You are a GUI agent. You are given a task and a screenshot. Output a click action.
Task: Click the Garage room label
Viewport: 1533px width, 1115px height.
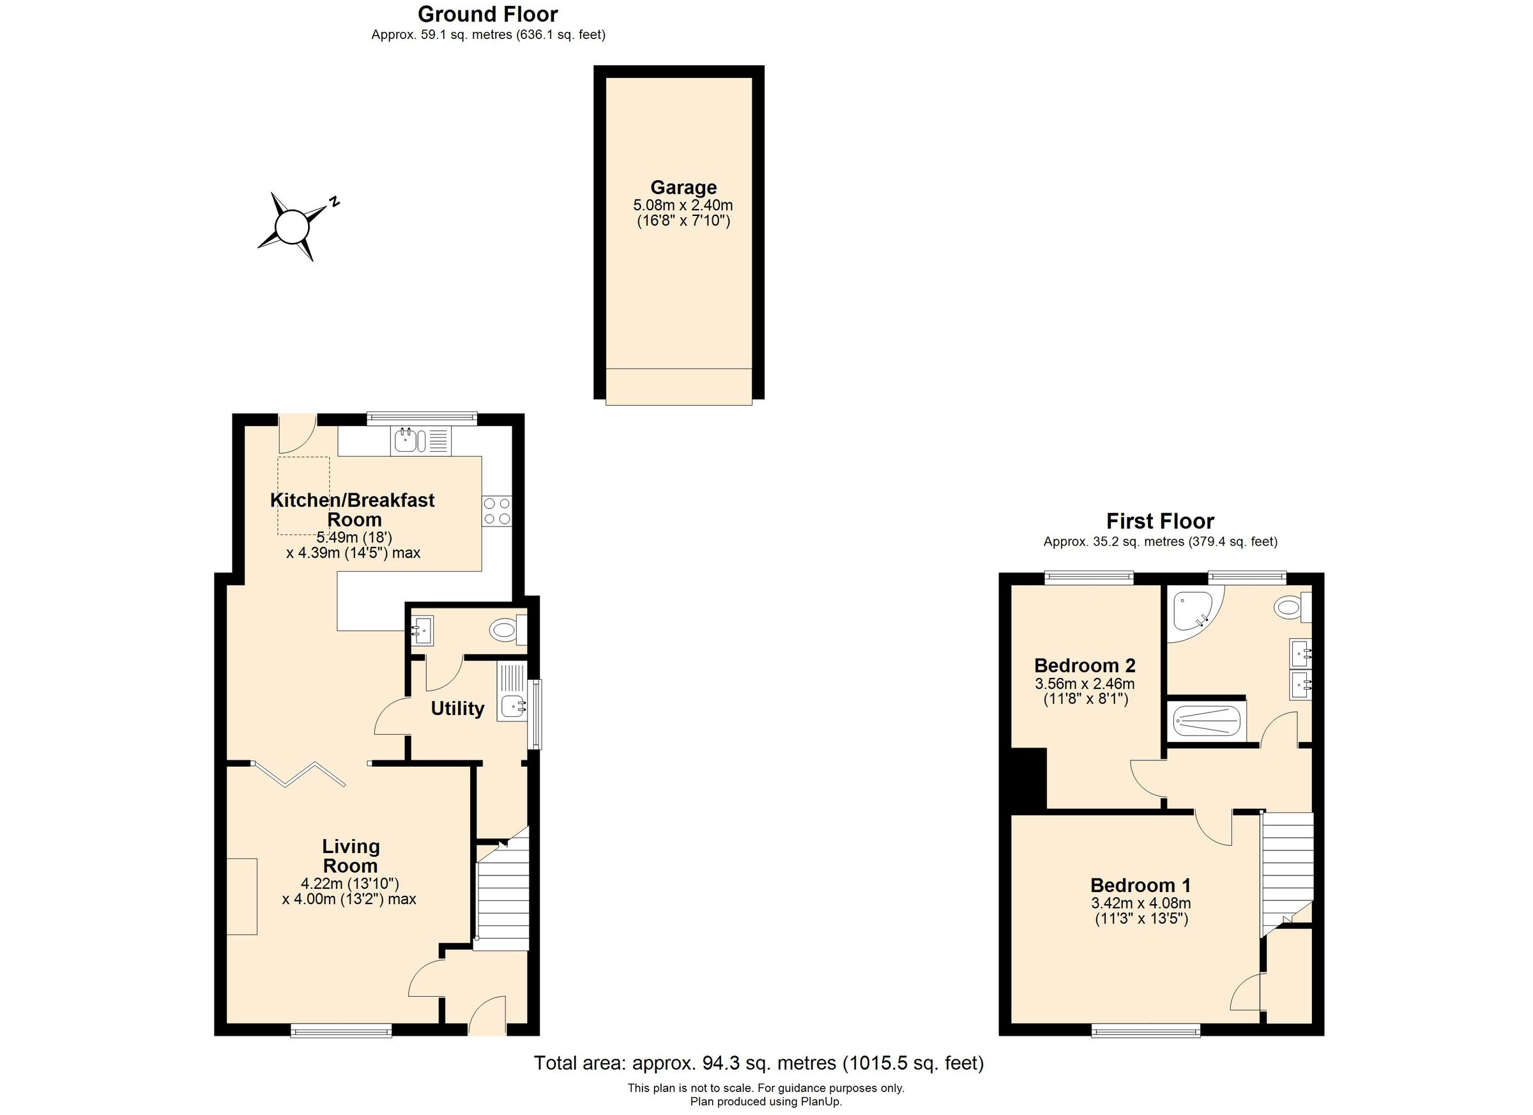(683, 187)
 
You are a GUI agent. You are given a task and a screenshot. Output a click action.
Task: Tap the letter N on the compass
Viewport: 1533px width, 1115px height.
(333, 201)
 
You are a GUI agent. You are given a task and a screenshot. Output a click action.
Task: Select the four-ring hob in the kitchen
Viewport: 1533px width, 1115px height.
(496, 511)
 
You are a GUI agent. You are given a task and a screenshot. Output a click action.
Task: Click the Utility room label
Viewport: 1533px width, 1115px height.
(457, 709)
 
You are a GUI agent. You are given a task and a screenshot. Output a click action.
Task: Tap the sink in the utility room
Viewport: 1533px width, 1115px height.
(514, 707)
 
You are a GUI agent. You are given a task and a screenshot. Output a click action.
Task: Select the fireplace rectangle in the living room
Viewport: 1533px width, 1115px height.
(242, 896)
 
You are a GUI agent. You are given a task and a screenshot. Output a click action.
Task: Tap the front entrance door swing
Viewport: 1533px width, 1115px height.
(487, 1015)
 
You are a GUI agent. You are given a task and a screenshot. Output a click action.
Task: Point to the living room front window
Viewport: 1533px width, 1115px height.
(341, 1031)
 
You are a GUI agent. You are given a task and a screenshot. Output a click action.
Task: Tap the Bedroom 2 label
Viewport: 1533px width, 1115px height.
(1084, 665)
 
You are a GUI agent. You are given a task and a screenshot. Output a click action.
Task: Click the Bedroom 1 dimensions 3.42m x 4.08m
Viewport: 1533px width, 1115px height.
(1140, 904)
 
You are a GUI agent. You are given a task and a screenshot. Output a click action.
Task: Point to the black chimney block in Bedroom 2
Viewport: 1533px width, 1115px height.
(1028, 778)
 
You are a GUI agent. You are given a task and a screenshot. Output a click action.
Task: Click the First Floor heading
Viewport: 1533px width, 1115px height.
(1160, 521)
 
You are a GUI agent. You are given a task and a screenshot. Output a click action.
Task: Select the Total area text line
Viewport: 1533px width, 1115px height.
(758, 1063)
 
